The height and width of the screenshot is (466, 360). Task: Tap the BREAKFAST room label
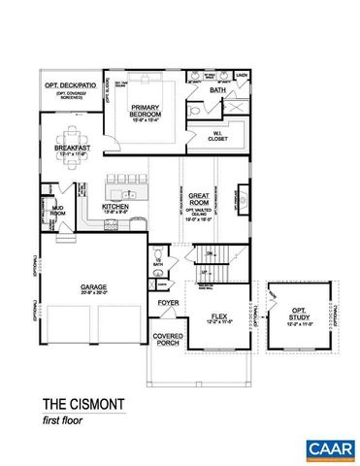coord(68,148)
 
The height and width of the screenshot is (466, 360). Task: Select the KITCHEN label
coord(117,207)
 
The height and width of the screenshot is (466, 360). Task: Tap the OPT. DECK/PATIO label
coord(71,87)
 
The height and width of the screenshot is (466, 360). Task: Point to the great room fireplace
coord(240,202)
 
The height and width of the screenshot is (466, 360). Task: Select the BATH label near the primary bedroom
coord(217,90)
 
